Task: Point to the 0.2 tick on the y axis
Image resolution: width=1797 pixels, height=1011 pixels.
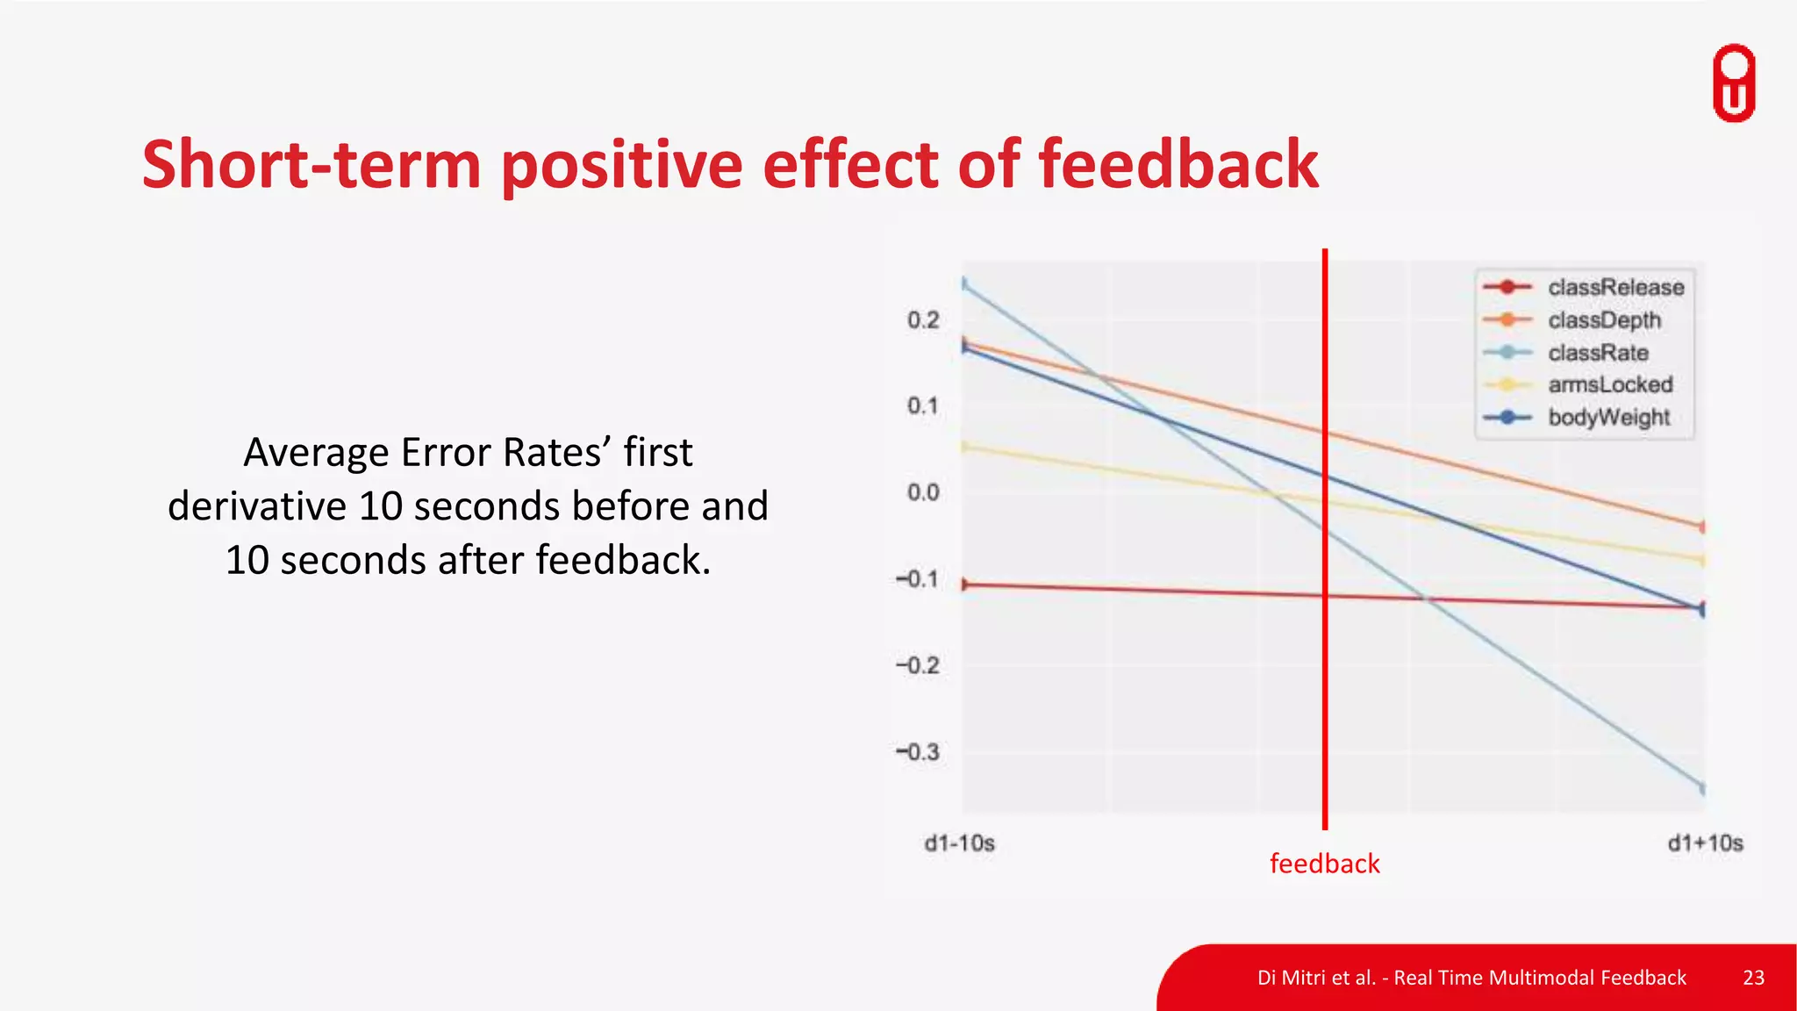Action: pos(923,320)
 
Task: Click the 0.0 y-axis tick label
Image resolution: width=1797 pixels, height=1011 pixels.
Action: pos(923,492)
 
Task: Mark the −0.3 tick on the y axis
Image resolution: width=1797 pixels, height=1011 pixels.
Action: pos(918,752)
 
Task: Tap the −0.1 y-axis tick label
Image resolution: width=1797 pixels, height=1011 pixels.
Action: pos(918,579)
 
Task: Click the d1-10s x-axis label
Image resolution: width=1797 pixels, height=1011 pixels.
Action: pos(959,843)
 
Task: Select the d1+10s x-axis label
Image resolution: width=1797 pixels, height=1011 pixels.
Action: pos(1705,843)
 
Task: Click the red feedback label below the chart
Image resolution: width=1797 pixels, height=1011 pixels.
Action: pos(1324,864)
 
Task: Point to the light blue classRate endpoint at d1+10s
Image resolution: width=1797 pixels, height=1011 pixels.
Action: pos(1703,788)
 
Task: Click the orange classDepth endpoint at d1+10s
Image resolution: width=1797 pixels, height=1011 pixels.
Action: pos(1703,527)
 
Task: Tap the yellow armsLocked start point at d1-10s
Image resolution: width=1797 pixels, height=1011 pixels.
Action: pos(964,447)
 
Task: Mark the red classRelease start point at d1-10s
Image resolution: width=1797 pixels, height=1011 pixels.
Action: pos(964,584)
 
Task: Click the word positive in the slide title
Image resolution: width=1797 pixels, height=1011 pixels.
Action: pos(621,165)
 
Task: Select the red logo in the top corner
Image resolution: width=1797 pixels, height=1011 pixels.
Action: pos(1734,82)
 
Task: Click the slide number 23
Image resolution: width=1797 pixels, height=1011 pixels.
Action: pos(1753,978)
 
